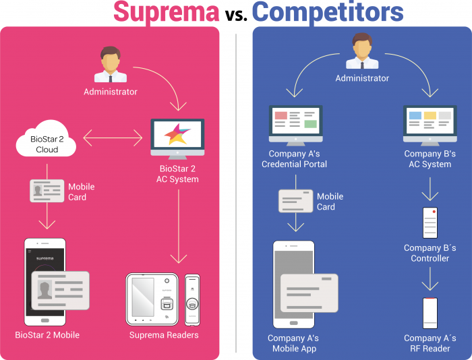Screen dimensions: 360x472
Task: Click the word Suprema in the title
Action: [x=165, y=12]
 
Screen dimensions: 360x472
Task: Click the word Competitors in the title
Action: [x=328, y=12]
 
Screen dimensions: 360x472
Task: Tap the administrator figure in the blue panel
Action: [x=362, y=53]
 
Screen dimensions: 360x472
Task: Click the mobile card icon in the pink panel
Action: [x=47, y=191]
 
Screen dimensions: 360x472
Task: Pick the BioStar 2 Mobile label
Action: [x=47, y=335]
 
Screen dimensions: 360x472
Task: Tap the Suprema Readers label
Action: [x=164, y=335]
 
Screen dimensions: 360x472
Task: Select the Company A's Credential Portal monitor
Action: [x=295, y=124]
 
